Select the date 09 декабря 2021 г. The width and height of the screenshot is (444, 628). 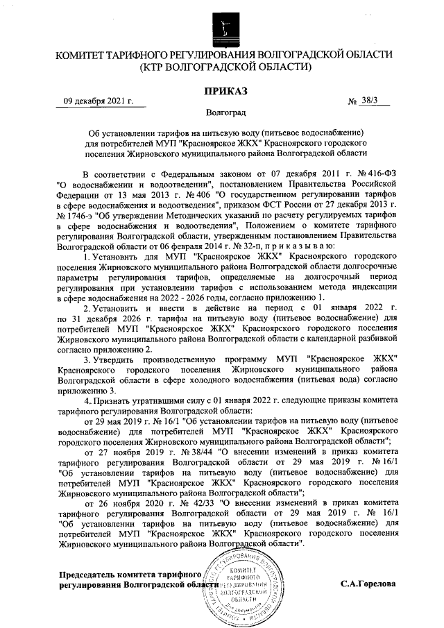(100, 101)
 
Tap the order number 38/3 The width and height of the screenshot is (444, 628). (373, 101)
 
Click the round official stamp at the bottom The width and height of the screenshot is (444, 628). (238, 586)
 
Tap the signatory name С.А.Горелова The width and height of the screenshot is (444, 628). (368, 584)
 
